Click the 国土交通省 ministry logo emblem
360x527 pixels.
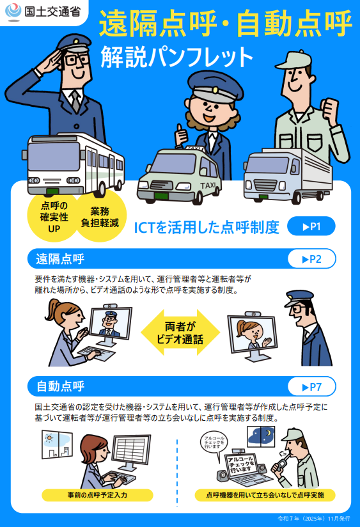[x=13, y=12]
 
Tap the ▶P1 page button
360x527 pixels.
[x=311, y=226]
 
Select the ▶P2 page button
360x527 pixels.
[x=312, y=259]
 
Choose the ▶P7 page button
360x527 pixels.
[x=312, y=387]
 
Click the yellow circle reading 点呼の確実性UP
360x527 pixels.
[x=54, y=217]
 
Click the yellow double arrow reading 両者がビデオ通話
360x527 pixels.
[x=180, y=333]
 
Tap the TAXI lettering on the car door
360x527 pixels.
[x=208, y=185]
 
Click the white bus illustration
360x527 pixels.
[x=74, y=165]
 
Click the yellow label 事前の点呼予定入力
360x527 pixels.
[x=97, y=495]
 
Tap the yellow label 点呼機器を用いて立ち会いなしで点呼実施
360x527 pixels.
[x=265, y=495]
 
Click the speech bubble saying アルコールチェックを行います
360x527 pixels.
[x=215, y=444]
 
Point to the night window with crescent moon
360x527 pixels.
[x=261, y=436]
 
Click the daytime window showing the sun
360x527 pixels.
[x=57, y=444]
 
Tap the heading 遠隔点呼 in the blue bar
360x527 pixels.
[x=60, y=259]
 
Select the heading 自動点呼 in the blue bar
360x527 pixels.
[x=60, y=386]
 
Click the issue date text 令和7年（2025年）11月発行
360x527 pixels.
[x=314, y=519]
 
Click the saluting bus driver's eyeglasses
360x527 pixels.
[x=77, y=60]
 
